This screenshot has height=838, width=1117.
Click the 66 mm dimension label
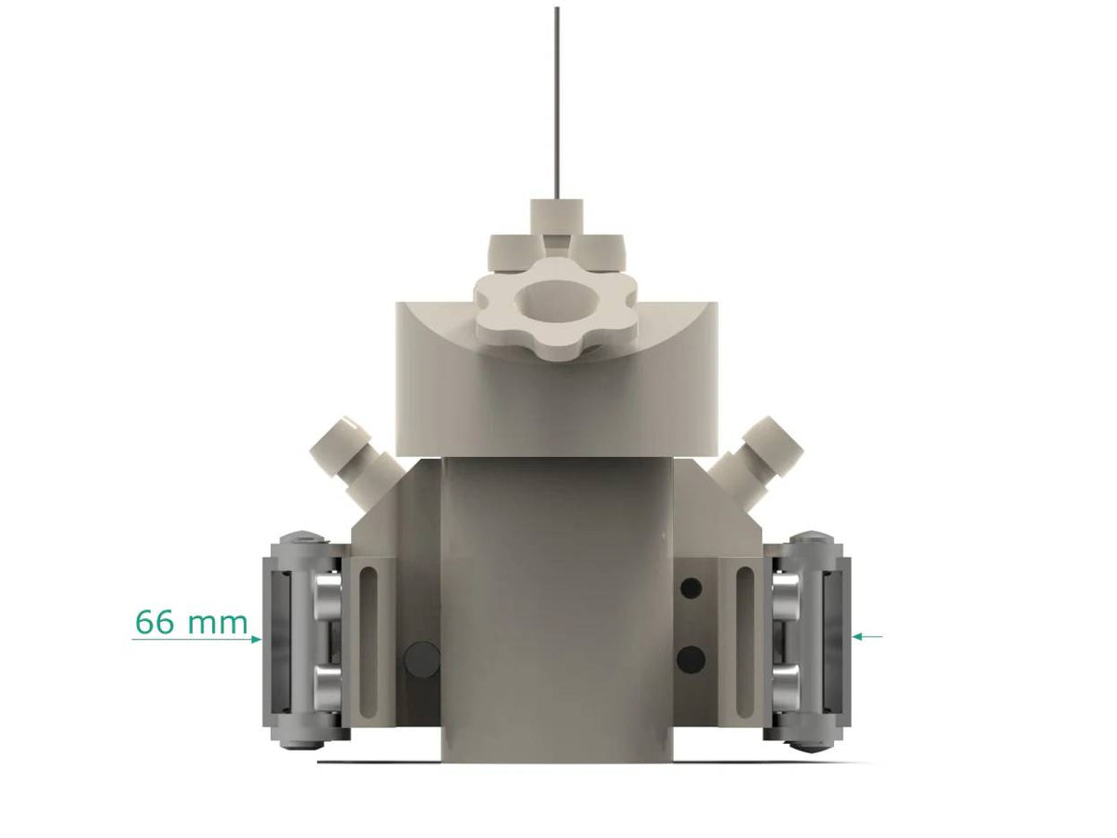pos(191,621)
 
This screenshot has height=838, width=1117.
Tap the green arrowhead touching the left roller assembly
pos(256,639)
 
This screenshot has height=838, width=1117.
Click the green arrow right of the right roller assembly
pos(868,636)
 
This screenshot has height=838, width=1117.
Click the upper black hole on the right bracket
pos(691,588)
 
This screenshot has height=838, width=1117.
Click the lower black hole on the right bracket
pos(691,659)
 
